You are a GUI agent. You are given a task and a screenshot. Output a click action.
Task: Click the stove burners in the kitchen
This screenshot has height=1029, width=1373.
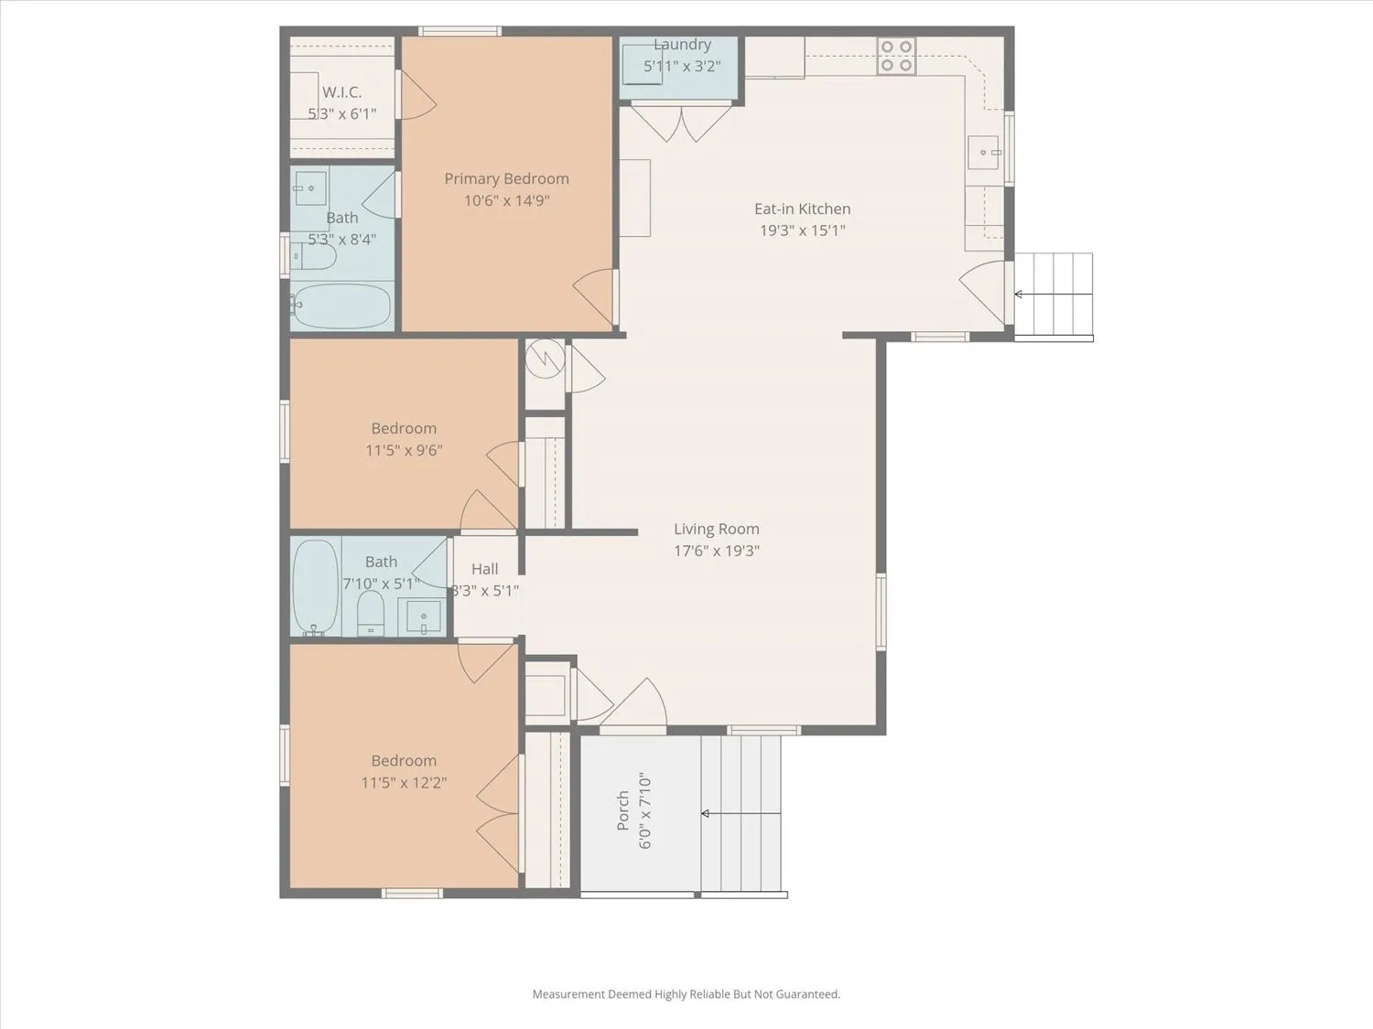(x=896, y=56)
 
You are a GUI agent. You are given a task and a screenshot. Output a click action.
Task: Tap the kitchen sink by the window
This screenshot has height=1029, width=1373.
(x=984, y=153)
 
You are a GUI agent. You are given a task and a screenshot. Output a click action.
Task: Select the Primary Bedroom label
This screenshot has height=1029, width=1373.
(x=507, y=178)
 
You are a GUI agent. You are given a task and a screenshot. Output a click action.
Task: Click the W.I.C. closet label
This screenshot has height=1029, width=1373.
(x=341, y=92)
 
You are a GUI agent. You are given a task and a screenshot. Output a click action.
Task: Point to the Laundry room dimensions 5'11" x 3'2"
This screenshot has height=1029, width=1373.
(x=683, y=66)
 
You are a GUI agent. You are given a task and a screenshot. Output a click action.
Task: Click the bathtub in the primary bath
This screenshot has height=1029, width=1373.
(x=341, y=306)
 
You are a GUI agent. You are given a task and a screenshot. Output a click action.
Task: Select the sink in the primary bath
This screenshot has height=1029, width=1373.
(x=310, y=188)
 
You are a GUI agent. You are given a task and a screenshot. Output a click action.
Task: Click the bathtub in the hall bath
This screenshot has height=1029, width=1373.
(x=316, y=586)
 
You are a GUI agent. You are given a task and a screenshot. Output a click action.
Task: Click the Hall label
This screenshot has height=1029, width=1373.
(x=485, y=569)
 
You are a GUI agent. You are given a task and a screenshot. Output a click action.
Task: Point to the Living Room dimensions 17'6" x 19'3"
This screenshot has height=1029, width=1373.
(x=717, y=551)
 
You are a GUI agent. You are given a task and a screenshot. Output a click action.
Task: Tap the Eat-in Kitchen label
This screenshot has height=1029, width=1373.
(x=803, y=209)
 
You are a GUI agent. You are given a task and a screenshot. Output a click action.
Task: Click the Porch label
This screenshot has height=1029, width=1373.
(x=623, y=810)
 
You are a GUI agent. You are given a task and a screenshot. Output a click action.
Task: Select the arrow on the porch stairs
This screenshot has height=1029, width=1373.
(x=741, y=813)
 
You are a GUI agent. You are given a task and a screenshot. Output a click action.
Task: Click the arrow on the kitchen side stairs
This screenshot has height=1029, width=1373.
(x=1054, y=295)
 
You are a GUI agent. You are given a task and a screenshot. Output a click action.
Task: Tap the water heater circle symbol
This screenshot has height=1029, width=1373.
(x=546, y=359)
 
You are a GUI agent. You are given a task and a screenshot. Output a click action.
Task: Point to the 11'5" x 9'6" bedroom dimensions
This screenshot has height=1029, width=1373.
(x=404, y=450)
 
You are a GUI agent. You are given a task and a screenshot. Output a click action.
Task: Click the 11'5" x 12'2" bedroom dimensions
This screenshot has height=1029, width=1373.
(x=404, y=782)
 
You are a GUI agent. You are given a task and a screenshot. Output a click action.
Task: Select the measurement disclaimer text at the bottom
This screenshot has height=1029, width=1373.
(x=686, y=994)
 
